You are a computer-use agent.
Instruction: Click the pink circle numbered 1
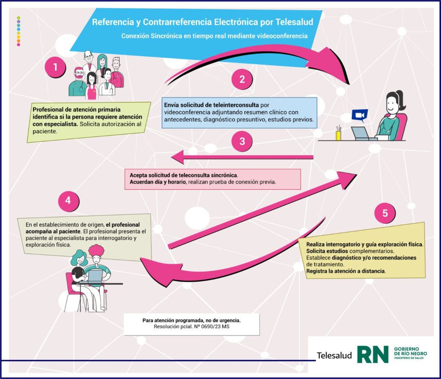[55, 67]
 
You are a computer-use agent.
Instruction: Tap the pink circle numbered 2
[242, 79]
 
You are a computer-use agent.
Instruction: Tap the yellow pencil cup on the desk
[339, 134]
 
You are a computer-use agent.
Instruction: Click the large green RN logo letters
[373, 354]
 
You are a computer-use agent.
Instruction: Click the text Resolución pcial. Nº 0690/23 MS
[191, 327]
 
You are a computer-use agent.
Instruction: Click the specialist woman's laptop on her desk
[360, 132]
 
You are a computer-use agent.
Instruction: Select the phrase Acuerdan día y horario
[157, 182]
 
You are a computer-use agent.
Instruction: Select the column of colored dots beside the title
[18, 31]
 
